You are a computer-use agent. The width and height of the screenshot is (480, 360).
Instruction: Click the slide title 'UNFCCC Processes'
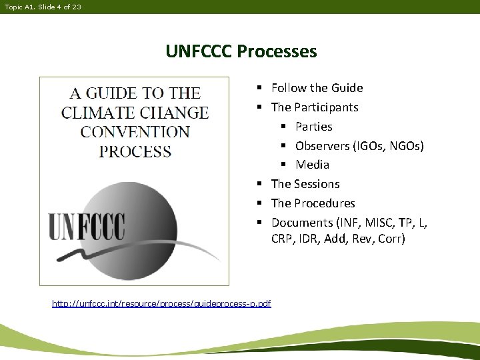pos(241,51)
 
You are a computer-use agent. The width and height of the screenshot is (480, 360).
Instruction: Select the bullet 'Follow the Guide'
pos(317,88)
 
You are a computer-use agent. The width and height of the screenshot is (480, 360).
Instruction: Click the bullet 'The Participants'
pos(314,107)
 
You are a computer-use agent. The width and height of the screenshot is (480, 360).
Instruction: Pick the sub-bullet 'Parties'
pos(313,127)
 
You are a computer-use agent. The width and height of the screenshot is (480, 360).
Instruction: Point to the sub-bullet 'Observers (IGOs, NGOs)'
pos(359,145)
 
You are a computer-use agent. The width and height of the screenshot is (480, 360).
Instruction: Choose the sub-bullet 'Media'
pos(312,165)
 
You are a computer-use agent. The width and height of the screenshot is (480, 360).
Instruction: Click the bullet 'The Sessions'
pos(305,184)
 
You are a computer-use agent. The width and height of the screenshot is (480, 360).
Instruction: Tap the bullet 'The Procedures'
pos(313,203)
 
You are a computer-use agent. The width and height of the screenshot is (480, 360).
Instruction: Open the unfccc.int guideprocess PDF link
pos(161,304)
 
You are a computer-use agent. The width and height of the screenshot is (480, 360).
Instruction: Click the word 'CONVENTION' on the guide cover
pos(135,131)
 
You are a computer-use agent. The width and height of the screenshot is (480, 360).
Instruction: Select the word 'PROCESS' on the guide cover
pos(135,151)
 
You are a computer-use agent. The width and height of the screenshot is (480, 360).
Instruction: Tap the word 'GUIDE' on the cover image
pos(121,93)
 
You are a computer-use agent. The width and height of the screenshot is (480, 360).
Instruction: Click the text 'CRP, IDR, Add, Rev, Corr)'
pos(338,239)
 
